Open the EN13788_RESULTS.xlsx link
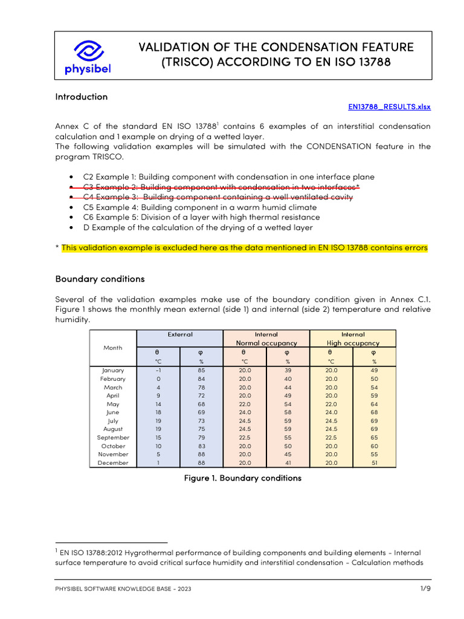click(389, 106)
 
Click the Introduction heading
click(81, 97)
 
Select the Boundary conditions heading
click(100, 279)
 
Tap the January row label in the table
click(113, 370)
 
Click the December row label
click(113, 462)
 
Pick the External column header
click(180, 334)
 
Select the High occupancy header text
click(353, 343)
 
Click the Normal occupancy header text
click(266, 343)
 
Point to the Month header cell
click(113, 348)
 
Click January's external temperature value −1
click(158, 370)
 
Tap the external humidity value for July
click(201, 421)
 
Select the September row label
click(113, 437)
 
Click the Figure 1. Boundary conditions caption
click(242, 478)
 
